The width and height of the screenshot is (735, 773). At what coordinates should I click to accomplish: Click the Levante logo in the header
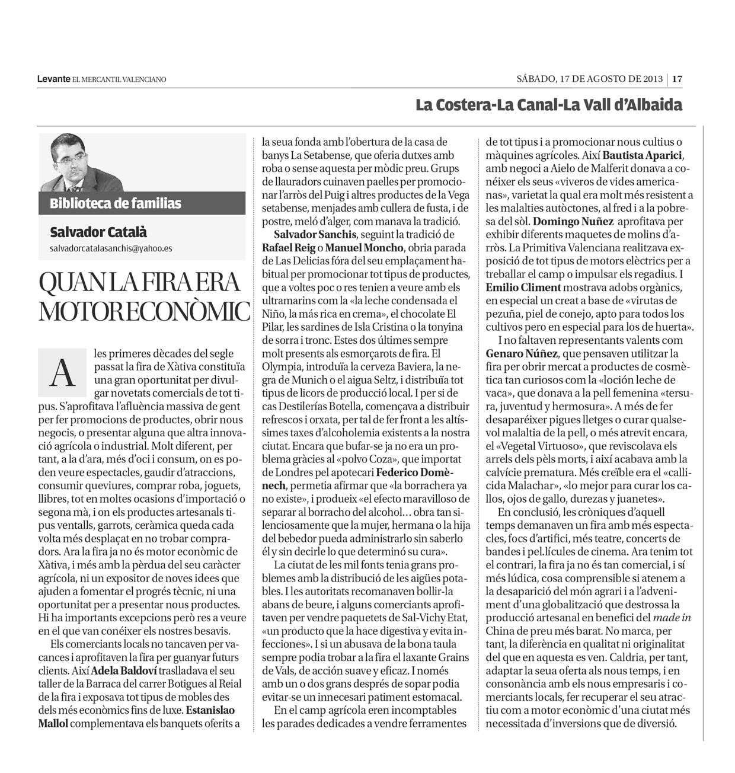point(53,79)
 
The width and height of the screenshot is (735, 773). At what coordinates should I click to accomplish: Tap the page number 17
point(678,79)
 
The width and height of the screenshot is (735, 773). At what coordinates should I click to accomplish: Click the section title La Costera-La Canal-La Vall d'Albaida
point(548,105)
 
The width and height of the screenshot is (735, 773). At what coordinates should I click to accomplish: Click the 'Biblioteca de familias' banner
point(116,203)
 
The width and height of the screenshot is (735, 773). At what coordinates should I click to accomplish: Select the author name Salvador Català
point(98,232)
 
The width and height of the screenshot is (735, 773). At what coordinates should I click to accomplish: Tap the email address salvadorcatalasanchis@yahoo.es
point(111,248)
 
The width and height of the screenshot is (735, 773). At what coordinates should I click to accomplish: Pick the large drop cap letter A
point(62,373)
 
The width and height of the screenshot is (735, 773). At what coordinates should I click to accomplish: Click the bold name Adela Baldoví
point(126,670)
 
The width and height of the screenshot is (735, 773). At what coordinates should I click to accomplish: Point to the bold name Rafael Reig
point(289,248)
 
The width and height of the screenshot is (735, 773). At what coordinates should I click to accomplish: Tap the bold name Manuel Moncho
point(364,248)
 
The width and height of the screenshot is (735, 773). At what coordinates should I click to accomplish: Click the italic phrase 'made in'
point(672,617)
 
